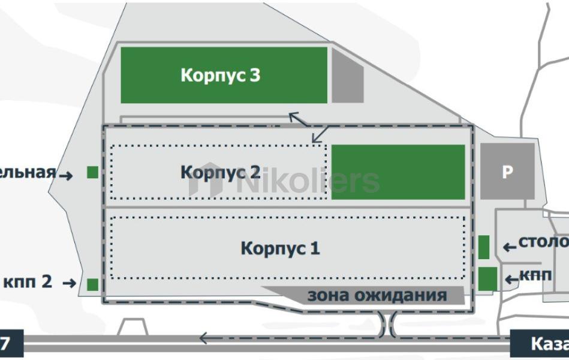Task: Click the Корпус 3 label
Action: (221, 76)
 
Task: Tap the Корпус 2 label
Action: (220, 172)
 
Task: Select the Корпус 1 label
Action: (280, 248)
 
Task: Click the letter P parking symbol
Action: (507, 172)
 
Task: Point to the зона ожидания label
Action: (377, 295)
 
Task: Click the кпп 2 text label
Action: (28, 281)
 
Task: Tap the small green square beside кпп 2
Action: (92, 284)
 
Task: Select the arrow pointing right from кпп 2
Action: (69, 283)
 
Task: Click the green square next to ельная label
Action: (92, 172)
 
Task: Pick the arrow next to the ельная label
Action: (66, 175)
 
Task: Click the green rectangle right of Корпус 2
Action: (398, 172)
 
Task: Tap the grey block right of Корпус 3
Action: (348, 75)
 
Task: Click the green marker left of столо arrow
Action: (484, 247)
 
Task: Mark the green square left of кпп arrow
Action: (487, 278)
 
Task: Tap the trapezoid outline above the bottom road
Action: (133, 328)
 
